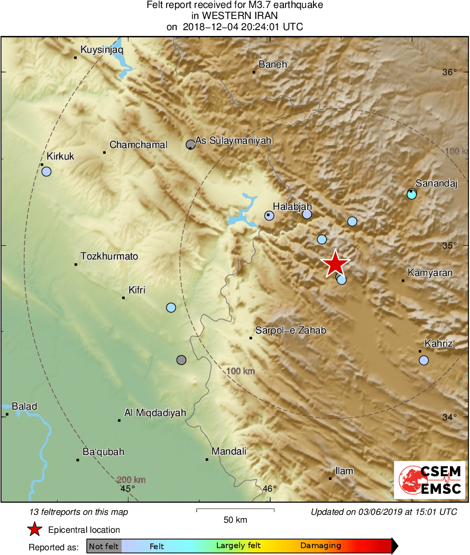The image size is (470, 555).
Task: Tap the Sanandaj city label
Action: pos(436,183)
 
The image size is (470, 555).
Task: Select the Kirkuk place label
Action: pos(61,156)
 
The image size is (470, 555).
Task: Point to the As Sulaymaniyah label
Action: pos(233,141)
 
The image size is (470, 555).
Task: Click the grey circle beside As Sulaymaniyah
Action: pos(191,144)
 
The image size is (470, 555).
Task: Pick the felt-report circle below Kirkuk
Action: pos(47,171)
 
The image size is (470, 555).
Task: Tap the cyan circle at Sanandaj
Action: pos(412,195)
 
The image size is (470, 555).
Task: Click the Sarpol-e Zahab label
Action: pos(291,330)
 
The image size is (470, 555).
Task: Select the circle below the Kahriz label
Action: pos(423,360)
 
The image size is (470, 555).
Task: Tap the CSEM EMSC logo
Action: pos(429,479)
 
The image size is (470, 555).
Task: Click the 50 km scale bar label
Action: pos(235,520)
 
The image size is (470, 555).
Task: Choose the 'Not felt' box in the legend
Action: pos(104,546)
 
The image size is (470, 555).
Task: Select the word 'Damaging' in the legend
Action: pos(320,546)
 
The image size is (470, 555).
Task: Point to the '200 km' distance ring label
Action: pos(131,479)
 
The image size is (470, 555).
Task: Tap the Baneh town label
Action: pos(273,64)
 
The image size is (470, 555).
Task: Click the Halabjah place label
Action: pos(292,206)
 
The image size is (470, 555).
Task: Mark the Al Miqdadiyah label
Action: pos(155,412)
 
